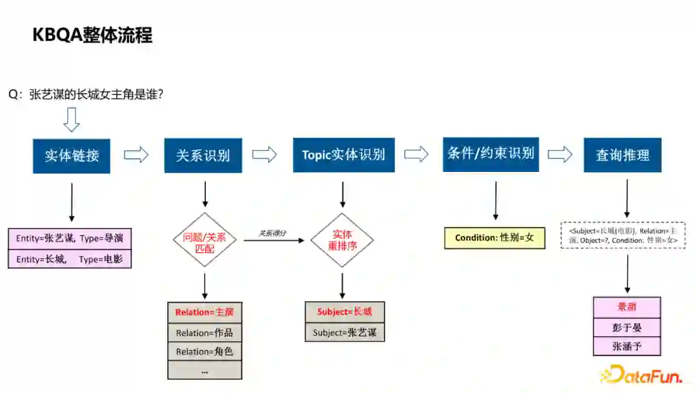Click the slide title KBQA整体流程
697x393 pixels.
pos(92,35)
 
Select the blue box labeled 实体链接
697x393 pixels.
pos(72,156)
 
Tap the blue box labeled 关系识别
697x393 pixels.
pos(203,156)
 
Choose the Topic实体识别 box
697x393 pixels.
pos(343,155)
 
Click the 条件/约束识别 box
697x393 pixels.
pos(490,154)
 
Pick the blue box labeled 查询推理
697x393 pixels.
pos(622,155)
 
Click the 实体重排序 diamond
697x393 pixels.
pos(343,240)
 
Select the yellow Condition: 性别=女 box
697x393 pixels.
pos(494,238)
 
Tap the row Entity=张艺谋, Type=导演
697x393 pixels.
pos(69,239)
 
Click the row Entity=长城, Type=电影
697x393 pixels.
pos(69,259)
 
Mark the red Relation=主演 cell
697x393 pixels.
pos(205,313)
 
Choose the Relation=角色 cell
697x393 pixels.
pos(205,352)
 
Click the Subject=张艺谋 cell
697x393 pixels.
pos(345,332)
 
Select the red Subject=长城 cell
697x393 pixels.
pos(345,312)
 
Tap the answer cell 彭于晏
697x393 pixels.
pos(627,327)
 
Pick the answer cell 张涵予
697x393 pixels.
pos(627,346)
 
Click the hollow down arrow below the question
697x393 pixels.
pos(71,120)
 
